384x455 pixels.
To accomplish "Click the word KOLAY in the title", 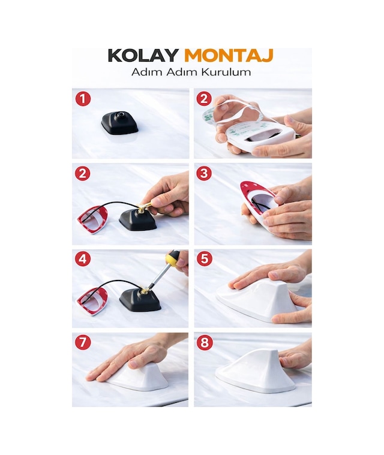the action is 143,55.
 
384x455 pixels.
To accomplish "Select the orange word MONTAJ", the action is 229,55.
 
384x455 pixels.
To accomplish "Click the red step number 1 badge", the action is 83,99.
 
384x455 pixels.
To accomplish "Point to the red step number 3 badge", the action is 204,173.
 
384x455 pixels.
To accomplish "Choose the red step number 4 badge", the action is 83,258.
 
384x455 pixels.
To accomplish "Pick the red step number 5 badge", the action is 205,258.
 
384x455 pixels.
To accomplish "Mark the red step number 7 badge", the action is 83,342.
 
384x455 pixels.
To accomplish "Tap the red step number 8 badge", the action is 205,342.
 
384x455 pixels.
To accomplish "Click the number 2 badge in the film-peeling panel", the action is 204,99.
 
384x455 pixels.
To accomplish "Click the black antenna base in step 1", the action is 119,123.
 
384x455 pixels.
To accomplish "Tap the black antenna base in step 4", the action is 140,300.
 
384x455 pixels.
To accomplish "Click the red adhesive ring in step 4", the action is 91,302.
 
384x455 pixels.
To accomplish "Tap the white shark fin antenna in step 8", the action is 256,372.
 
